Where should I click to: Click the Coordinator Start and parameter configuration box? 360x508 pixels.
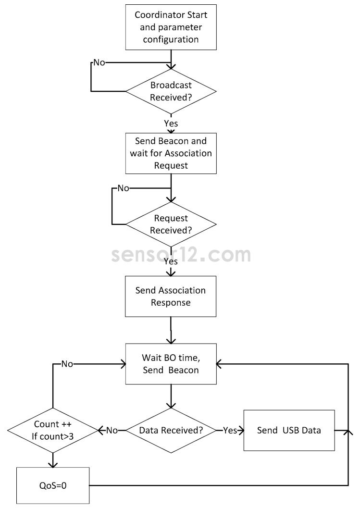[171, 27]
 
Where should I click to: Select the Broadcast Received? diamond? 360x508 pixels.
[171, 91]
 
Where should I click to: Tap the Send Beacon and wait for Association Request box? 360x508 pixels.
[171, 153]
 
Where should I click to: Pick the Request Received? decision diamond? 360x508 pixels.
[171, 224]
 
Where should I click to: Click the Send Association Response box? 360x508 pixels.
[171, 297]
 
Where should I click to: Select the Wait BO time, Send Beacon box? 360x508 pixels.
[171, 364]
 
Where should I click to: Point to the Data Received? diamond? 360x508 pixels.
[171, 430]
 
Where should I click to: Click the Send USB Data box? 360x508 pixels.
[288, 430]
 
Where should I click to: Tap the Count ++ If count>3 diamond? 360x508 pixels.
[53, 430]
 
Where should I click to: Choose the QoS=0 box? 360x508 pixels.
[53, 485]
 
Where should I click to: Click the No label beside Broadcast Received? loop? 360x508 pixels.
[99, 63]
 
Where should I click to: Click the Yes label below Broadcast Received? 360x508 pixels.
[171, 124]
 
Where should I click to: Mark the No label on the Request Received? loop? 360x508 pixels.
[124, 188]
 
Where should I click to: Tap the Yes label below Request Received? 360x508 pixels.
[171, 262]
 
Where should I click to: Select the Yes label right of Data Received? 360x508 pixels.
[230, 430]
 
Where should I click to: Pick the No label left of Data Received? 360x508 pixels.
[112, 430]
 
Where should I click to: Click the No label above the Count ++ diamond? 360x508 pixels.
[67, 364]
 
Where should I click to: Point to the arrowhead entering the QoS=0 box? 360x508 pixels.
[53, 464]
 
